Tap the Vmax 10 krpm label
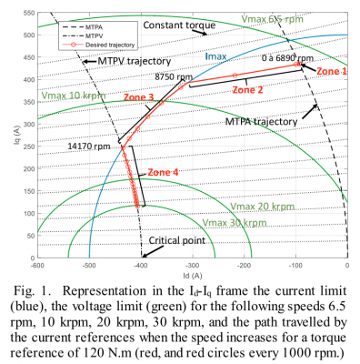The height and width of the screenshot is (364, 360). point(71,95)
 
